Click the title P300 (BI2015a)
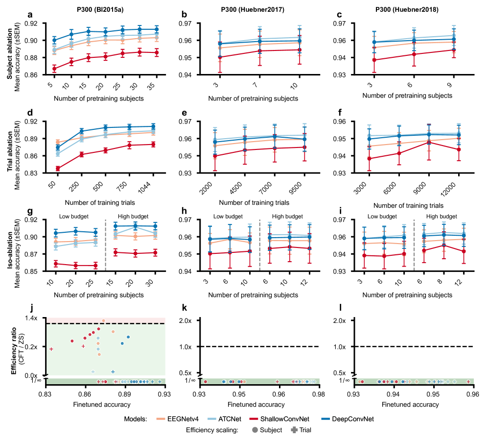pos(104,10)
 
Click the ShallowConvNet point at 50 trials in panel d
pos(58,169)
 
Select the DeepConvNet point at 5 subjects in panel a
pos(54,40)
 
